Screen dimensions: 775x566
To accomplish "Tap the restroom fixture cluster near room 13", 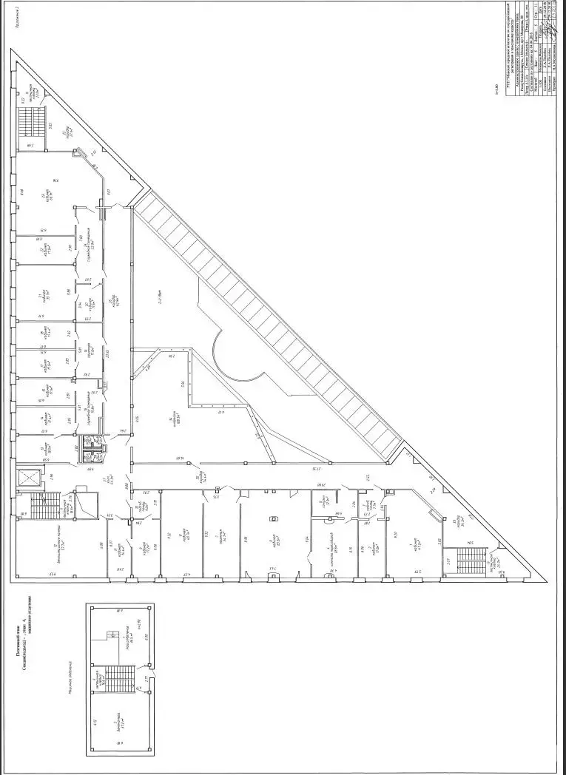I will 95,441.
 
